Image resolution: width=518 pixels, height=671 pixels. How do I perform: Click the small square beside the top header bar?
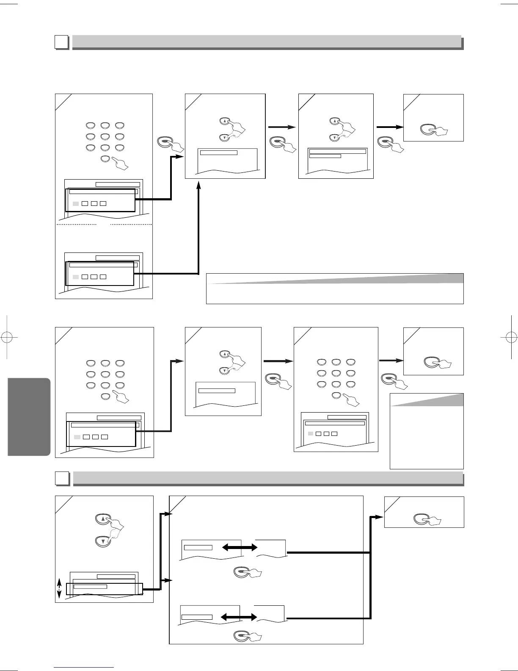tap(62, 42)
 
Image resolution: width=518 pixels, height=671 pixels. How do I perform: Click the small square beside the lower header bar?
tap(62, 478)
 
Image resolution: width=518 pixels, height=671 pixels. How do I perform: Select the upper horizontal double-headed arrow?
tap(240, 548)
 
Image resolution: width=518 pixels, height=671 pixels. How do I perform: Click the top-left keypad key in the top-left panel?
tap(91, 125)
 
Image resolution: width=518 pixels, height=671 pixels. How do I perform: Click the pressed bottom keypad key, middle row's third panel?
tap(337, 396)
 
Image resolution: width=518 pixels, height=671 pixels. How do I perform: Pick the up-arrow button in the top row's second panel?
tap(225, 121)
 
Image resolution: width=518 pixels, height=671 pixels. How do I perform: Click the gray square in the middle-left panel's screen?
tap(77, 437)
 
